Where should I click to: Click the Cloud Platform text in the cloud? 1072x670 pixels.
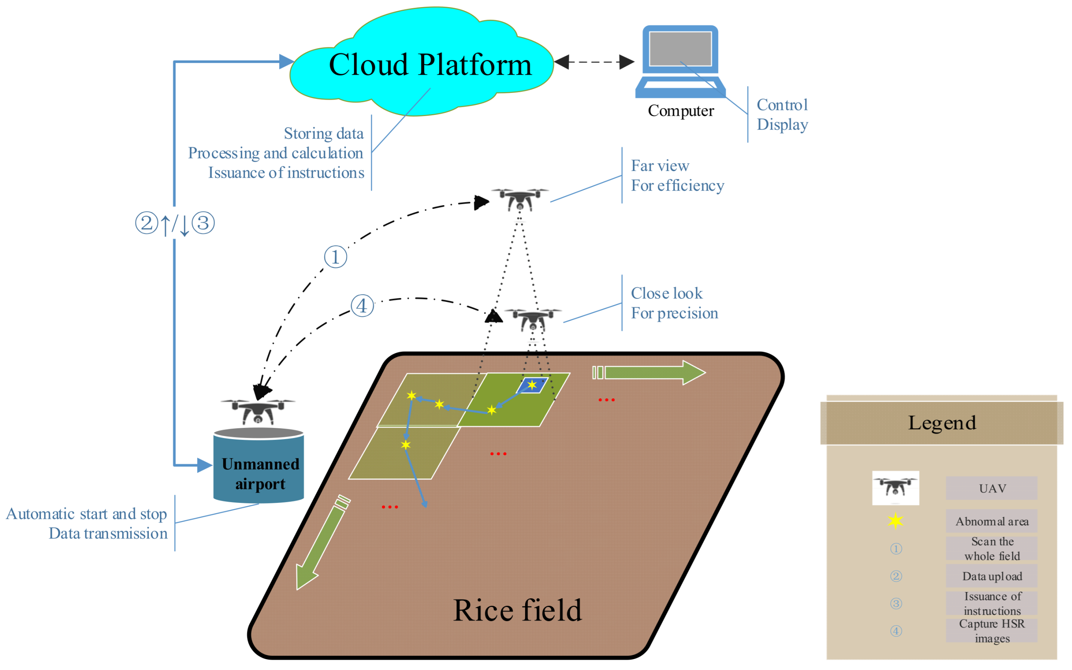[430, 65]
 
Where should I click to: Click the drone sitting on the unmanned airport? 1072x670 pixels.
[258, 411]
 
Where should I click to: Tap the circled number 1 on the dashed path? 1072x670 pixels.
[335, 257]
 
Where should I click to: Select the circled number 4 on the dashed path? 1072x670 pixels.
[362, 306]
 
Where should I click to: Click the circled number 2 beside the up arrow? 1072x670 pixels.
[147, 223]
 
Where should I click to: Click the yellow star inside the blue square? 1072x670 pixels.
[532, 385]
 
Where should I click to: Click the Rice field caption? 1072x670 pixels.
[517, 611]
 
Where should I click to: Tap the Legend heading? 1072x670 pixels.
[942, 423]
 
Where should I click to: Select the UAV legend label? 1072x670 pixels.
[992, 488]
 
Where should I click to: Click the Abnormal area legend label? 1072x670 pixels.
[992, 521]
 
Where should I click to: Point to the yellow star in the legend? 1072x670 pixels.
[896, 521]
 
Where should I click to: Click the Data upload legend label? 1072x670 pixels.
[992, 576]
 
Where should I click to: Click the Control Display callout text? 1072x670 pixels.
[782, 115]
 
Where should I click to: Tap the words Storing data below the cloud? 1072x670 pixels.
[324, 134]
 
